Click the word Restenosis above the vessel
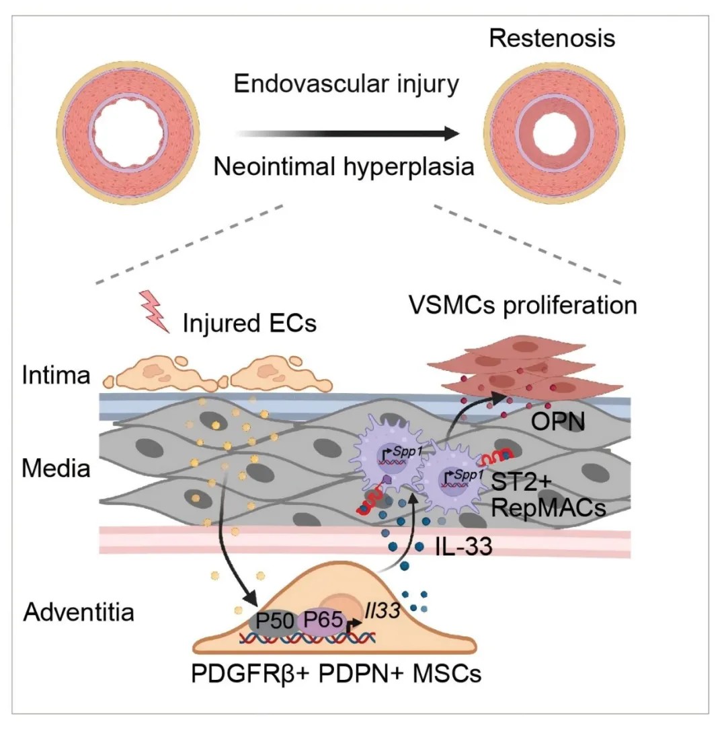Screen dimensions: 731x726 coord(552,38)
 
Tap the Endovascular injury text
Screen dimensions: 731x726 coord(346,85)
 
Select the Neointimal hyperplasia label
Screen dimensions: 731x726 coord(344,166)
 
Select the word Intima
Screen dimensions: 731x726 coord(56,375)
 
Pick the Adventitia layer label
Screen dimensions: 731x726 coord(79,613)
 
